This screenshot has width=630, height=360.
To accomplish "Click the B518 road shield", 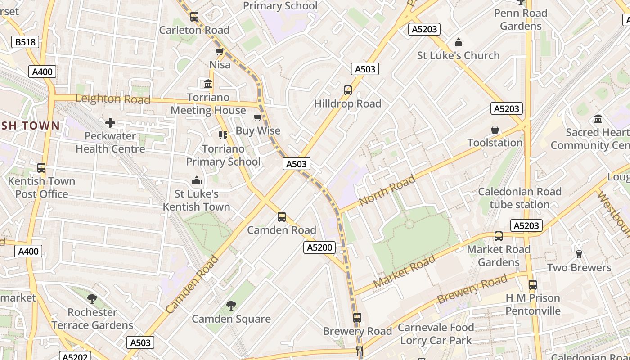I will [x=25, y=42].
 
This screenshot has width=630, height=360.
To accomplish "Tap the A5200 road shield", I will [x=319, y=247].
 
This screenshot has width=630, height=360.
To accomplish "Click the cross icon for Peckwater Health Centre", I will [x=110, y=123].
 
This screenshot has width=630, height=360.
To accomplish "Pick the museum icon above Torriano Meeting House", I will [x=208, y=84].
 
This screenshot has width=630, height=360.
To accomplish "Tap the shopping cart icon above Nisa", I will [x=220, y=52].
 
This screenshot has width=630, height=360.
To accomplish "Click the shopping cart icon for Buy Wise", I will [x=258, y=118].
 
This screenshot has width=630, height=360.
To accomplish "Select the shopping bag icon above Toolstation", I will [x=495, y=130].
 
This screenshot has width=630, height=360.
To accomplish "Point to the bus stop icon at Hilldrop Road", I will [x=347, y=90].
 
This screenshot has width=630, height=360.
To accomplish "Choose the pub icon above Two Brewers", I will [x=579, y=254].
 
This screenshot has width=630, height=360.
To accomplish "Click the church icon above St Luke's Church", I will [x=458, y=43].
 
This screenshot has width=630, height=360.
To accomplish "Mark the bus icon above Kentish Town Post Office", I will [x=41, y=168].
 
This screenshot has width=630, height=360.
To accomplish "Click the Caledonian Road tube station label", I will [x=519, y=198].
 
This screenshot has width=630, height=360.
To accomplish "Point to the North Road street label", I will [x=387, y=191].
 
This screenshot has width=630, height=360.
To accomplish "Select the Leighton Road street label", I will [x=112, y=99].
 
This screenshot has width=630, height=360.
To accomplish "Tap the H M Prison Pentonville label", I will [x=533, y=304].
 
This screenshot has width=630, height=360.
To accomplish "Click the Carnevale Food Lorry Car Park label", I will [x=436, y=333].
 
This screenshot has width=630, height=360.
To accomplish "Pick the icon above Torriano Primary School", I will [x=223, y=135].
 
